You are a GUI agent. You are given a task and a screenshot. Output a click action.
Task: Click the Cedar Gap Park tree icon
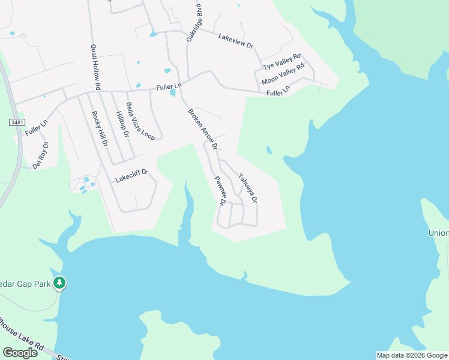click(x=59, y=282)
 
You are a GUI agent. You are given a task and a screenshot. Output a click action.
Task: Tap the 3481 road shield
click(x=17, y=122)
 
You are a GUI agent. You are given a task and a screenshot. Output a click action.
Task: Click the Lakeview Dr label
click(x=237, y=40)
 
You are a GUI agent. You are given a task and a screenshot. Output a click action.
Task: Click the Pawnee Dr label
click(x=218, y=190)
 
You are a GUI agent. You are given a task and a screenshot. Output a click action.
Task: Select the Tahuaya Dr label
click(x=247, y=187)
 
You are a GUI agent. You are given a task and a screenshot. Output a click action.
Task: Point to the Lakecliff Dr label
click(x=131, y=178)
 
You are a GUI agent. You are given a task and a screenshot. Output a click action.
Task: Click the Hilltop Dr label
click(x=122, y=124)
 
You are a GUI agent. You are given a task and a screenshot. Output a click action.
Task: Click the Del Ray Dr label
click(x=40, y=155)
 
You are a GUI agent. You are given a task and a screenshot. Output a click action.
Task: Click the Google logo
click(x=20, y=352)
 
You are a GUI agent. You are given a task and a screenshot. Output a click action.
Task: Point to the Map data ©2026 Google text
click(x=412, y=355)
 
